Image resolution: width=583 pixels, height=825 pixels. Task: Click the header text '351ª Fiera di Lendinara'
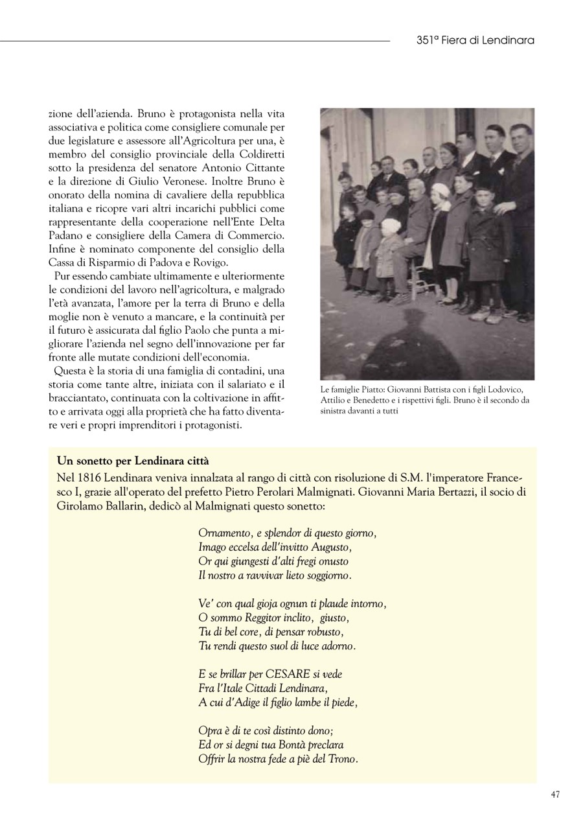coord(475,40)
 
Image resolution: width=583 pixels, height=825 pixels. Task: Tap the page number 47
coord(555,795)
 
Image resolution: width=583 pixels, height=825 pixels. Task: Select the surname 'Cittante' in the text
coord(264,168)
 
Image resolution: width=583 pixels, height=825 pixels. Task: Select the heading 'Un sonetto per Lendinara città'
coord(133,461)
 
